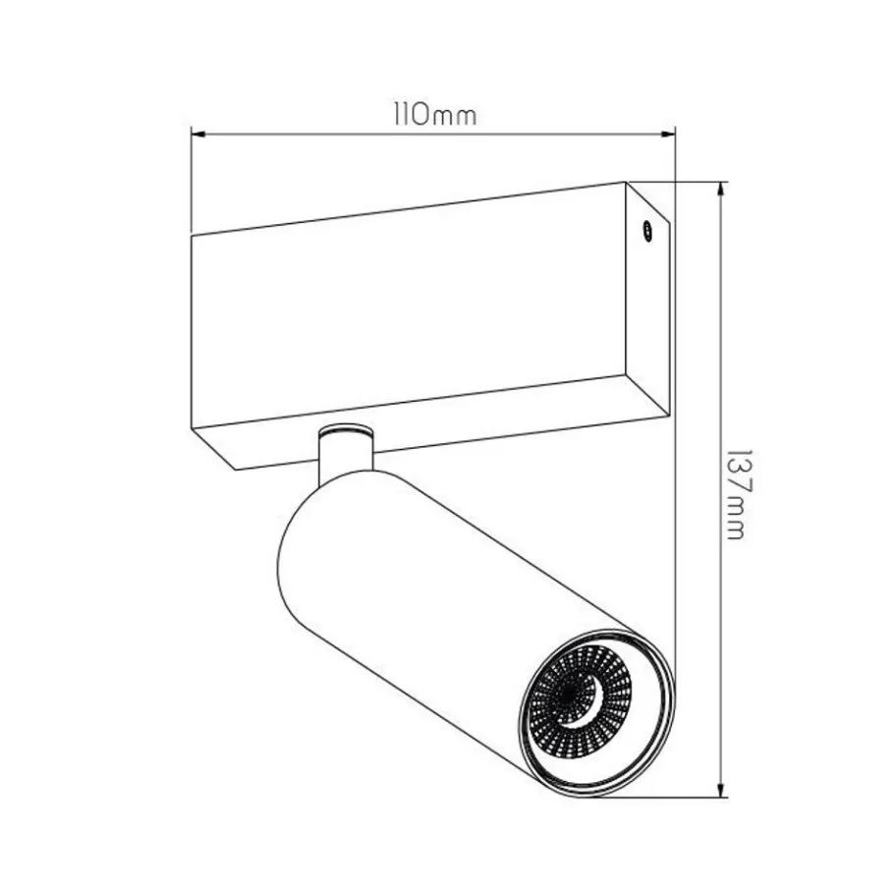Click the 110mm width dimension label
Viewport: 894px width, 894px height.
[x=434, y=115]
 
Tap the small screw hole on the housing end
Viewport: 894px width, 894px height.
[x=647, y=230]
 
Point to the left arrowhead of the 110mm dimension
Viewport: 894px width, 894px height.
[x=197, y=135]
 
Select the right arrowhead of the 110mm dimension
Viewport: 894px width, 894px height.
[x=668, y=135]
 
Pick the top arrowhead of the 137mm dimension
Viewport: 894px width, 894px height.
[x=722, y=190]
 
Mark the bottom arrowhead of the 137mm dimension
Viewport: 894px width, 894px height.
[x=722, y=789]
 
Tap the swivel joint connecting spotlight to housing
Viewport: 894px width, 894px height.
[x=346, y=450]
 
